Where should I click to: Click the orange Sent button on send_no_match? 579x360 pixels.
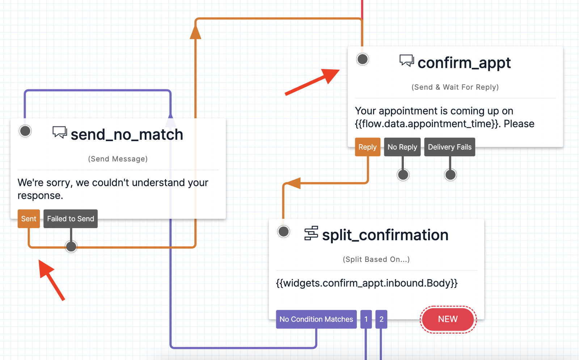(29, 219)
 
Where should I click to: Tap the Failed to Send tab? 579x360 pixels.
(71, 219)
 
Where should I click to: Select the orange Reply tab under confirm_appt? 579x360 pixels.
(367, 147)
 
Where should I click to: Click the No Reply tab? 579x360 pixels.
(402, 147)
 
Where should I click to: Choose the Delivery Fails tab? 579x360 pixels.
(449, 147)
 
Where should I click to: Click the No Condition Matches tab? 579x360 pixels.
(316, 319)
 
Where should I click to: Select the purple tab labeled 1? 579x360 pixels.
(366, 319)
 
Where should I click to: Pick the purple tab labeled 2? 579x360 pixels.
(381, 319)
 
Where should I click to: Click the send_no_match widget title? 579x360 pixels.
(127, 135)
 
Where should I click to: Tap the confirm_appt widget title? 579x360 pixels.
(464, 63)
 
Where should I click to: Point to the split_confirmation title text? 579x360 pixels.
(385, 235)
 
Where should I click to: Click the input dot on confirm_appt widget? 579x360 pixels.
(362, 59)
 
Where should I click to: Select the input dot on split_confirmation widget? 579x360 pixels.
(283, 231)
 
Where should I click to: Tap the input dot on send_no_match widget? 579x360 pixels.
(25, 131)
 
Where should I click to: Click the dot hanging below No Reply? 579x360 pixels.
(403, 175)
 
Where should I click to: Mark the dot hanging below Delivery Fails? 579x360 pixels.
(450, 175)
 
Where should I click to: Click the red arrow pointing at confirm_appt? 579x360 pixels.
(313, 82)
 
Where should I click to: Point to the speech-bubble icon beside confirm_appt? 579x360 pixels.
(406, 60)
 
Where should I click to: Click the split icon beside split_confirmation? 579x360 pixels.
(311, 233)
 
